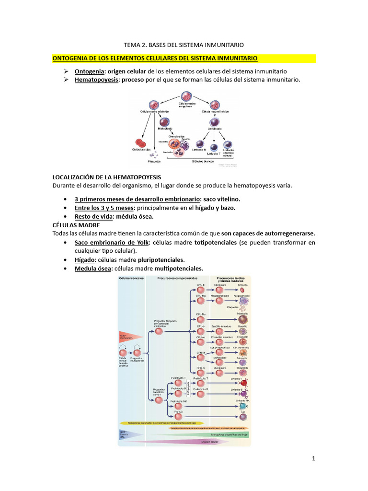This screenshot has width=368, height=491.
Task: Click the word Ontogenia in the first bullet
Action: (x=89, y=71)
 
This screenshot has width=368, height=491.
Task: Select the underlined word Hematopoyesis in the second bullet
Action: (x=96, y=80)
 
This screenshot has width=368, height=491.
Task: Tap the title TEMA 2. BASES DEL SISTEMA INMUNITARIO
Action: (x=184, y=45)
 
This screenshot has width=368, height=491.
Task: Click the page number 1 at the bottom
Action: (x=313, y=458)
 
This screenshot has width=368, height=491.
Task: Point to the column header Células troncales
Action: (x=131, y=278)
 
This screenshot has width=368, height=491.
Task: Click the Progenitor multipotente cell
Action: (x=138, y=353)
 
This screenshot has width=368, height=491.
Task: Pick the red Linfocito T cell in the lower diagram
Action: (x=243, y=383)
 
